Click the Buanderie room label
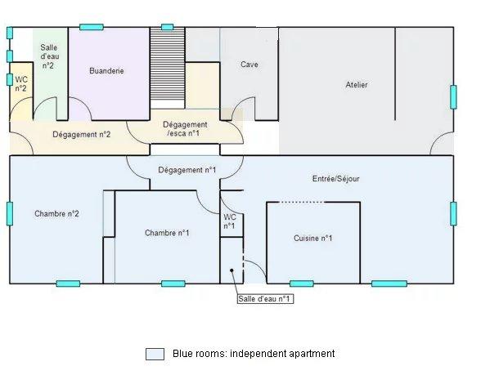[106, 71]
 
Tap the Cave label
[249, 65]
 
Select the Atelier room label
[357, 85]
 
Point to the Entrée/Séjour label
[335, 179]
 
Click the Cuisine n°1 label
[312, 238]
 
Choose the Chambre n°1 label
[167, 233]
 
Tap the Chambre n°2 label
[56, 213]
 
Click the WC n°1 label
[229, 221]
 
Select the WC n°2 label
[21, 84]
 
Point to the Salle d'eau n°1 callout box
[265, 299]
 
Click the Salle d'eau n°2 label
[49, 56]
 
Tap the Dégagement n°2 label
[81, 135]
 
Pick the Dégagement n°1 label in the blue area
[187, 170]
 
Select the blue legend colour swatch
[155, 354]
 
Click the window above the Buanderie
[92, 27]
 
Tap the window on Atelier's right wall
[453, 96]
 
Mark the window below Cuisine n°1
[302, 283]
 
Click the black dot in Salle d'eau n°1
[232, 270]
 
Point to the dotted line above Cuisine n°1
[301, 203]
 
